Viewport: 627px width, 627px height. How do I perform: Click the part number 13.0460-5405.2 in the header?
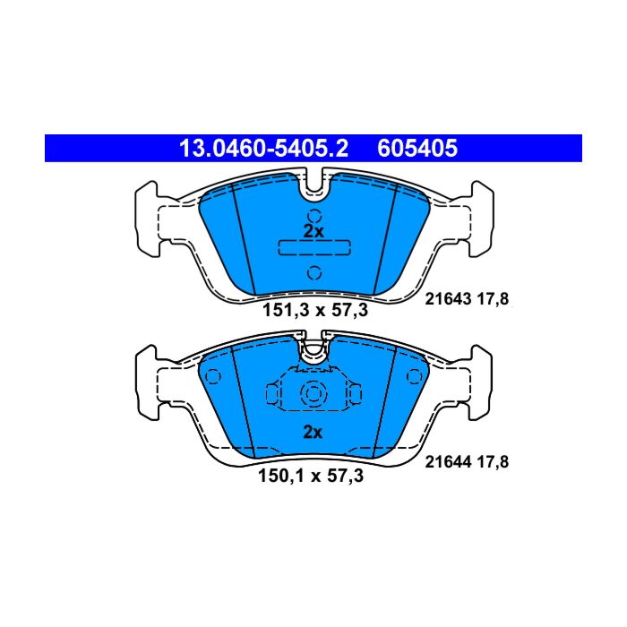tap(263, 149)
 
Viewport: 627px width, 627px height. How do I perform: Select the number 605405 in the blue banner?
tap(417, 149)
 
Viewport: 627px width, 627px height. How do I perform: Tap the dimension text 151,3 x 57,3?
tap(314, 310)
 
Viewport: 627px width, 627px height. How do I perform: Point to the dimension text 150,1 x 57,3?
tap(311, 476)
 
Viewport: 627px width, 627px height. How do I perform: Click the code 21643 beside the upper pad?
tap(448, 298)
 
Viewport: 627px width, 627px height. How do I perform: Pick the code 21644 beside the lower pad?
tap(448, 462)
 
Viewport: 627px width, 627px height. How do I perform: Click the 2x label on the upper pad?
tap(313, 231)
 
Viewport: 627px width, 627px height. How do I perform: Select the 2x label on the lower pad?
tap(313, 433)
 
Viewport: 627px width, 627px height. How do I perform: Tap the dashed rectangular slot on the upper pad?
tap(314, 247)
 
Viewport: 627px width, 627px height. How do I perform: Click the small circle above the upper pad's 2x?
tap(314, 217)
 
